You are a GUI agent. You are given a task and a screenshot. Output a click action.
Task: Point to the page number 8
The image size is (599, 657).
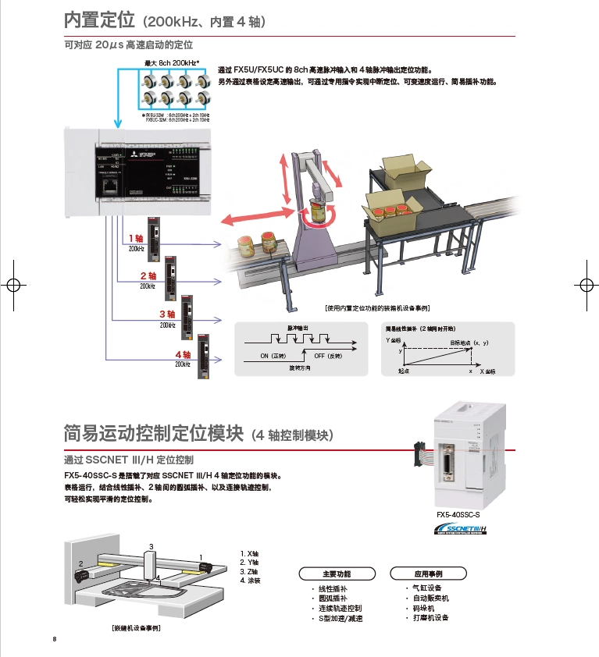click(55, 640)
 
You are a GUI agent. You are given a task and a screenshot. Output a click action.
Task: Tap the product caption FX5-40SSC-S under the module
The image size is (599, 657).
click(458, 515)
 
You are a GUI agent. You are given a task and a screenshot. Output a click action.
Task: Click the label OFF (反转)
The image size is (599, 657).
click(329, 355)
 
